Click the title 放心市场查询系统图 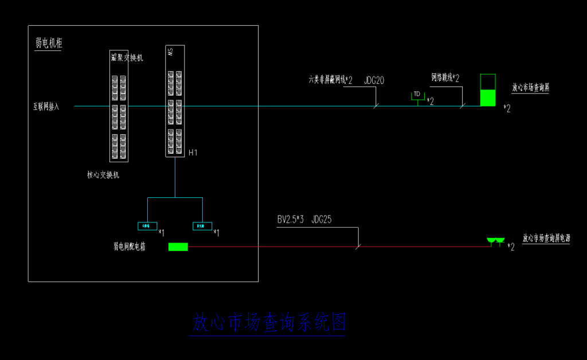coord(268,323)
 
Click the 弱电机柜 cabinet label coord(49,43)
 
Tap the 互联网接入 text coord(46,107)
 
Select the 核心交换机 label coord(103,175)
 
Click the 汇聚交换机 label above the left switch coord(127,57)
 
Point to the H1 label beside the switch coord(193,152)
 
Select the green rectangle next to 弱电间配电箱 coord(178,247)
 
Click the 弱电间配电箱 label coord(129,247)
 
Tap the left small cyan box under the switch coord(147,226)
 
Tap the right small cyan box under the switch coord(202,226)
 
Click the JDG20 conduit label coord(374,81)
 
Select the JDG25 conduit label coord(322,220)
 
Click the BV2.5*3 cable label coord(291,220)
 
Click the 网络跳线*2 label coord(445,77)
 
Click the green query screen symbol coord(487,97)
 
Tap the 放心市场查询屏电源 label coord(546,238)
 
